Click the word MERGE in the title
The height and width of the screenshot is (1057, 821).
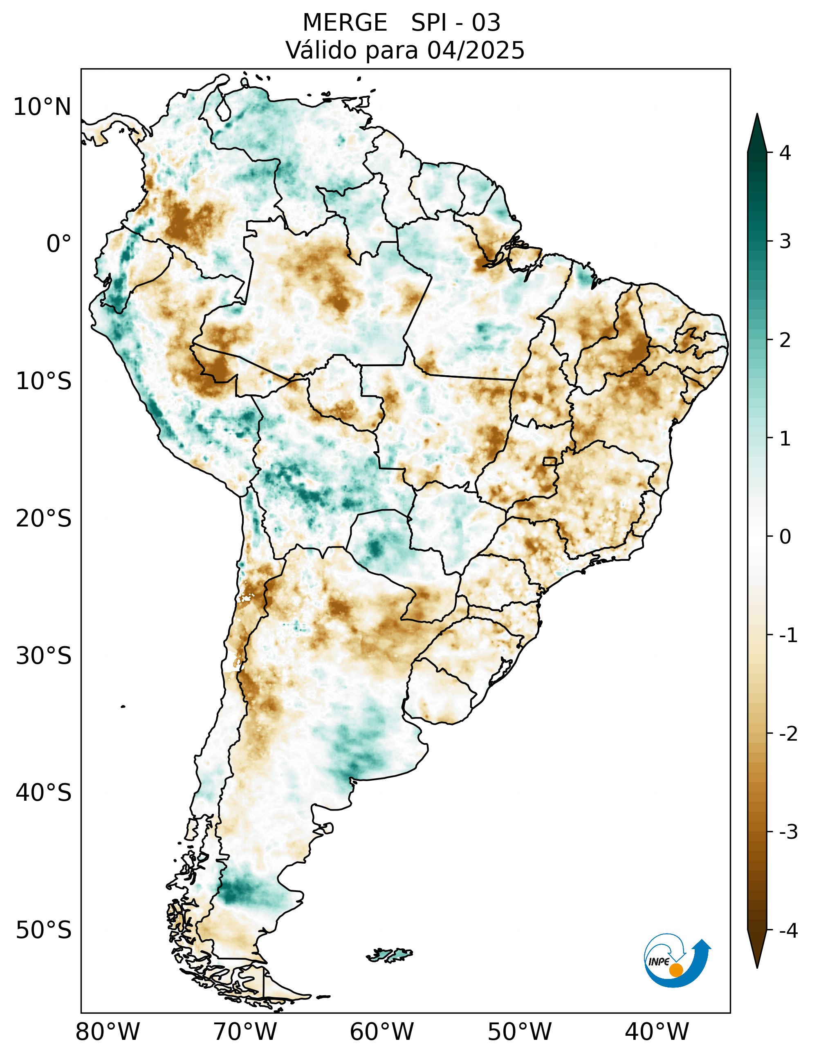345,23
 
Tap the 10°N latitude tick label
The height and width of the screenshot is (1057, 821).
42,107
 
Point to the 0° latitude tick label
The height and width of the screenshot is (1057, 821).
58,244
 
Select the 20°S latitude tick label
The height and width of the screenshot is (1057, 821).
44,519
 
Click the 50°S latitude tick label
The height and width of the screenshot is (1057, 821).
44,930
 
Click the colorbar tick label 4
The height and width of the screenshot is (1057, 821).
785,153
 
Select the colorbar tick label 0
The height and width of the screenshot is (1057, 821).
785,537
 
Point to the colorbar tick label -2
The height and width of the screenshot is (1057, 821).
788,734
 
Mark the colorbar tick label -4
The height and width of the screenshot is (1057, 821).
788,930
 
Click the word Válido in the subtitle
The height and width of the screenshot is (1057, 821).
321,50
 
